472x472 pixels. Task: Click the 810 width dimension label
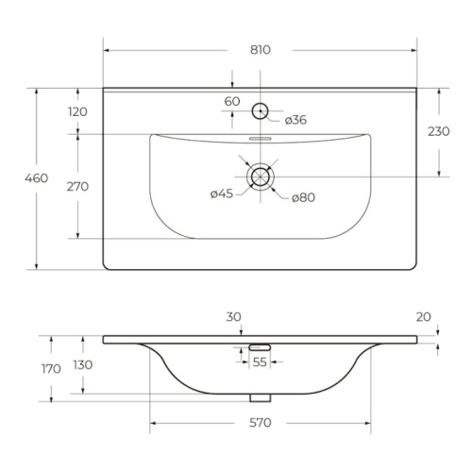tap(261, 50)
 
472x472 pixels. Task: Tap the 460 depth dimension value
tap(37, 178)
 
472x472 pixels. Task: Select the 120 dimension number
tap(77, 111)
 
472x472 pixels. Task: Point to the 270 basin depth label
tap(77, 187)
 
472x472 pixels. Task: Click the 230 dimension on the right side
tap(439, 131)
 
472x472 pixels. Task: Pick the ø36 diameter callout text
tap(295, 120)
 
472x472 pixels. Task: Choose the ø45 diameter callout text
tap(222, 194)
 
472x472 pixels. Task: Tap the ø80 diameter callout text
tap(303, 197)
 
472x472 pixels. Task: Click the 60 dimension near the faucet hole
tap(232, 101)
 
